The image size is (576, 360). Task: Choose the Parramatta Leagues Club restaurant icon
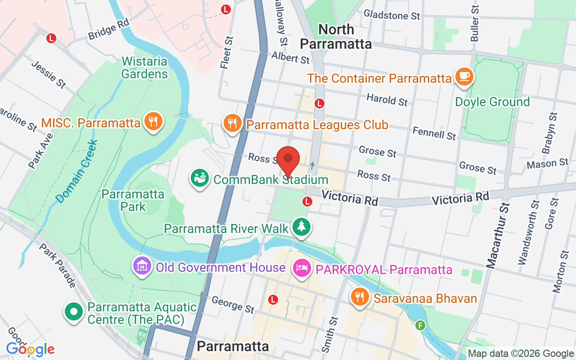tap(232, 123)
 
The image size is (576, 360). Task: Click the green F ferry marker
tap(420, 325)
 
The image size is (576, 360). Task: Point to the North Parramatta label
tap(336, 36)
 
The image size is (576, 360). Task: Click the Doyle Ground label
tap(492, 102)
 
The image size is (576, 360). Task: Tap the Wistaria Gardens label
tap(144, 67)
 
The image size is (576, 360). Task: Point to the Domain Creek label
tap(76, 171)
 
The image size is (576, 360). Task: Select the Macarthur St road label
tap(498, 236)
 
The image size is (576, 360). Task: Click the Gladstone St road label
tap(391, 15)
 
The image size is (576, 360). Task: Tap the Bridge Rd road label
tap(108, 30)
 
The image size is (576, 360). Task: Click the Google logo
tap(30, 349)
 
